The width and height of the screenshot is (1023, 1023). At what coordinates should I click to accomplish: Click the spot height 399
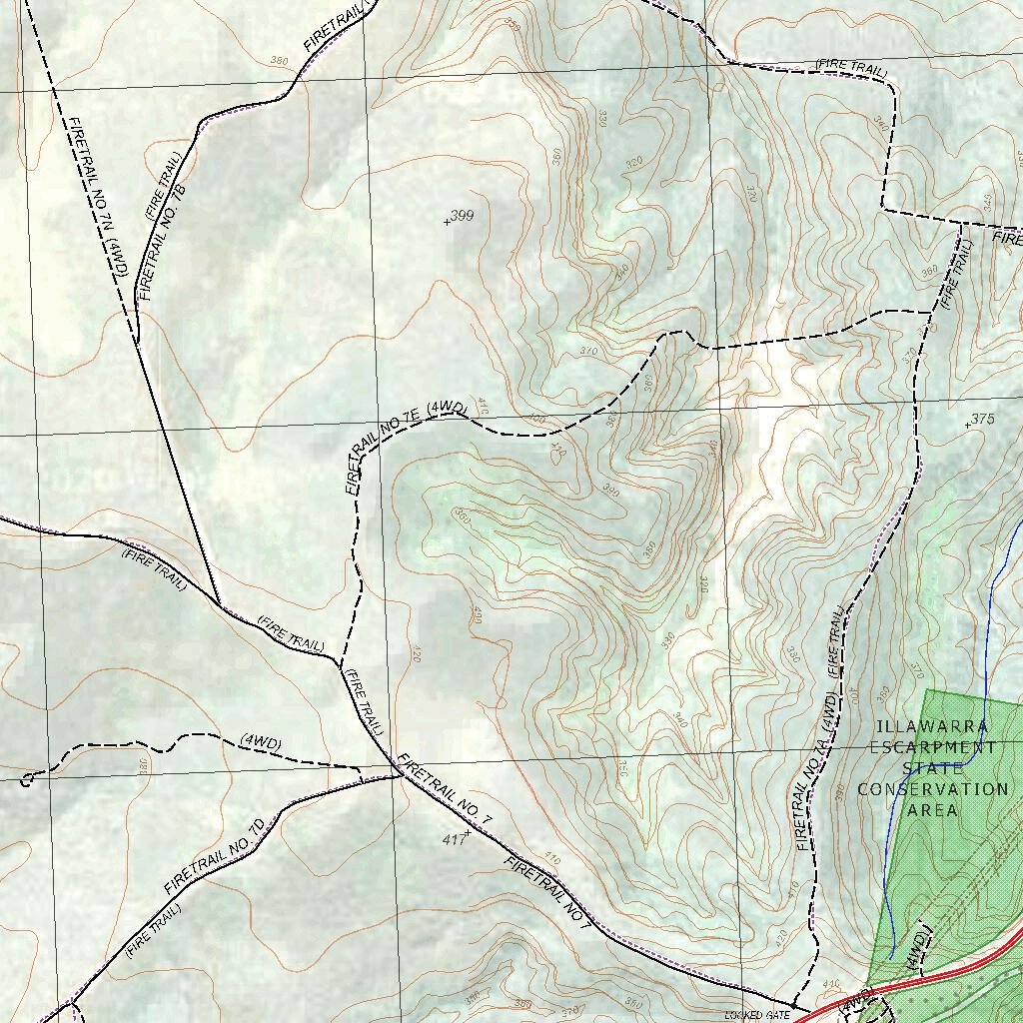coord(462,216)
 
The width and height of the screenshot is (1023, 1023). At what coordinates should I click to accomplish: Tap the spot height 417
coord(455,841)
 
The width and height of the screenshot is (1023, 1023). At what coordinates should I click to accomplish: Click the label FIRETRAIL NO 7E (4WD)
coord(404,447)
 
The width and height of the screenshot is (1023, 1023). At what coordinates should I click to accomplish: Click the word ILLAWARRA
coord(932,727)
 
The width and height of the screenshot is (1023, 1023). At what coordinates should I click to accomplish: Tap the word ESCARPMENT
coord(932,747)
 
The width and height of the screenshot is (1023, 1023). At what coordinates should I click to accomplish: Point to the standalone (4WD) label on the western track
coord(261,743)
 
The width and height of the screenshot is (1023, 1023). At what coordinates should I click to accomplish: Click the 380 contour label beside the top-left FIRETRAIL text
coord(280,62)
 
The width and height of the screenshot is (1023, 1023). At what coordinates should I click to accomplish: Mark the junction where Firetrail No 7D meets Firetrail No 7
coord(397,774)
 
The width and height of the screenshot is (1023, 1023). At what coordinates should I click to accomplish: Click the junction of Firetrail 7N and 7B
coord(136,340)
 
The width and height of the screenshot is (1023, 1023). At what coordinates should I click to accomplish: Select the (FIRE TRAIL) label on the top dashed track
coord(850,66)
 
